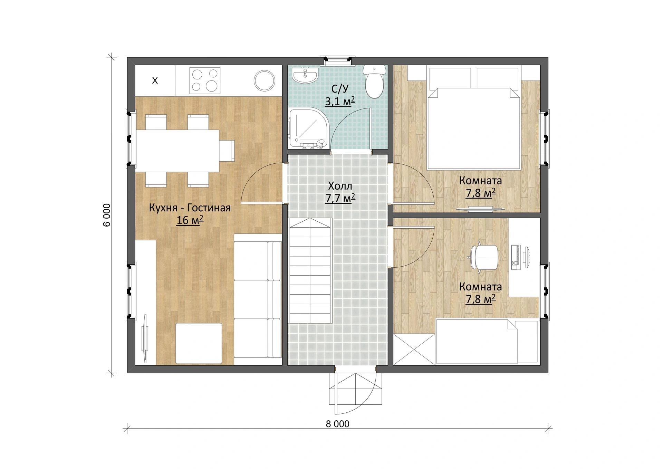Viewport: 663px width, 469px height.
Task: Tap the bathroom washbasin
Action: coord(305,75)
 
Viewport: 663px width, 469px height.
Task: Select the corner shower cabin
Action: coord(306,130)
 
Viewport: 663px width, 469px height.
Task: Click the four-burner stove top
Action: coord(205,80)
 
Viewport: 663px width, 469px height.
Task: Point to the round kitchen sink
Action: coord(264,80)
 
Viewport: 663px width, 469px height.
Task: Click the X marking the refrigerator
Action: coord(155,81)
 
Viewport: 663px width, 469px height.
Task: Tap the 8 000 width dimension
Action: coord(337,424)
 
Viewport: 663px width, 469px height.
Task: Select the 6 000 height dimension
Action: coord(107,215)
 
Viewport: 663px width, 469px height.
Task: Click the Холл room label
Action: coord(340,186)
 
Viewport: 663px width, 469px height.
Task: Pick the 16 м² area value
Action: coord(190,220)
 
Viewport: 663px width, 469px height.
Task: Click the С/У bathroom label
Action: coord(340,89)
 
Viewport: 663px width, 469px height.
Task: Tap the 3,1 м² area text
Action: coord(340,102)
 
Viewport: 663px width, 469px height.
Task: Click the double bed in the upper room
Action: coord(474,118)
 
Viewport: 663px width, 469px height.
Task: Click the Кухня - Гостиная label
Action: coord(190,208)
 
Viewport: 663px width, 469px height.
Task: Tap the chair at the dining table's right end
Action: coord(227,150)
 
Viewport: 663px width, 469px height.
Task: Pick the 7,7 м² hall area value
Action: coord(340,199)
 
